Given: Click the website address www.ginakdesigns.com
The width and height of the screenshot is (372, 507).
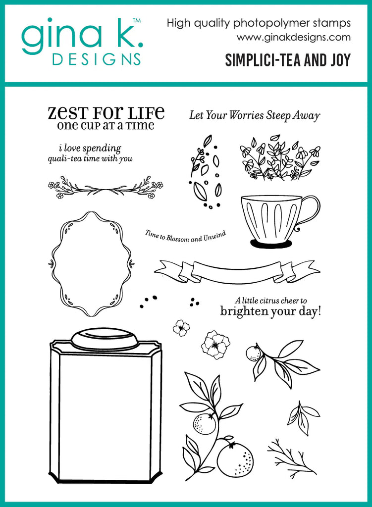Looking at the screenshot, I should point(293,37).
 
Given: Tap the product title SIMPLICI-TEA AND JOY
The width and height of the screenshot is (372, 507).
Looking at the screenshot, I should point(287,60).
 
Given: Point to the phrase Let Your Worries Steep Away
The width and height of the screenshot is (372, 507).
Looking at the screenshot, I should point(255,115).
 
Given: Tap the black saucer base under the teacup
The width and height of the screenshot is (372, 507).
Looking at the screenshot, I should point(270,244).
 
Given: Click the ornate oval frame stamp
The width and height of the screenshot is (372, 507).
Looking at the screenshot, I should point(91,263).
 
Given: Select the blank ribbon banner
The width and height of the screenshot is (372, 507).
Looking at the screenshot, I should point(237,271).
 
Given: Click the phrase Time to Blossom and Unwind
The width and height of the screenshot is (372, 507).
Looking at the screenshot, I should point(185,236).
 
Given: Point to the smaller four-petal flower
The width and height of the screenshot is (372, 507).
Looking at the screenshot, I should point(181,327).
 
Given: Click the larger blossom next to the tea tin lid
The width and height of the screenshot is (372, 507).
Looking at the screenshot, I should point(215,345).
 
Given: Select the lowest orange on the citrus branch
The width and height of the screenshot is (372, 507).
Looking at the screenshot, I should point(234,459).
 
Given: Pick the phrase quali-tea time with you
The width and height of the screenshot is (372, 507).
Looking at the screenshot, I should point(90,159).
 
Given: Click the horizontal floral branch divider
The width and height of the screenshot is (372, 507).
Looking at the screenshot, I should point(105,187).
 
